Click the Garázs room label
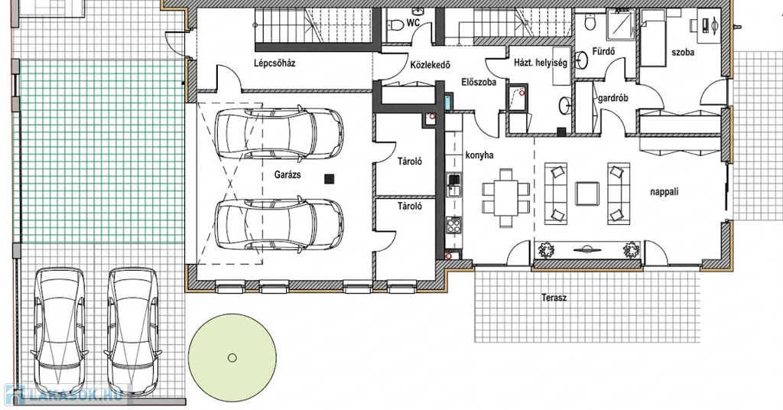288,175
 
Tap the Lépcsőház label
275,63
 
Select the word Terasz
554,298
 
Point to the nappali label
664,192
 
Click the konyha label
479,155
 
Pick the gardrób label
612,99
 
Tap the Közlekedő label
430,65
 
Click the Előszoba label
479,82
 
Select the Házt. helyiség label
541,63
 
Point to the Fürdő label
603,51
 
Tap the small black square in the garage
329,179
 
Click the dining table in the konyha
506,197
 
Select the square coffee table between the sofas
587,194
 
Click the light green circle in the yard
232,357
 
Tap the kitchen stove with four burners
454,225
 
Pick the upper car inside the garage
278,133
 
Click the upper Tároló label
410,161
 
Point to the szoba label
683,53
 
